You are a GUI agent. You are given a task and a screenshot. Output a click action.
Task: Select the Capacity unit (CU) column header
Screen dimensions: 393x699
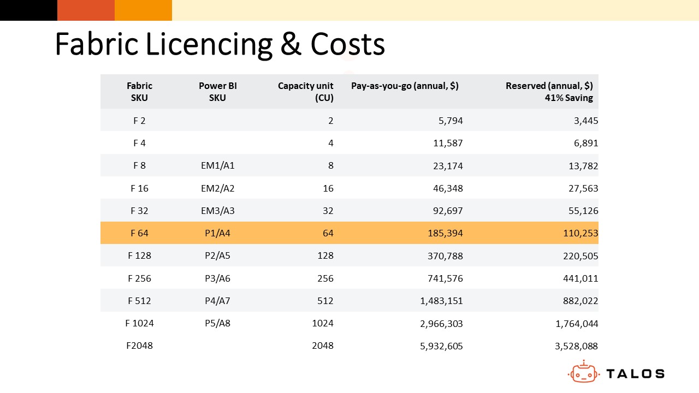306,92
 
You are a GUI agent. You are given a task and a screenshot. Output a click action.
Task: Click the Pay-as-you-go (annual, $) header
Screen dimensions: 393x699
405,86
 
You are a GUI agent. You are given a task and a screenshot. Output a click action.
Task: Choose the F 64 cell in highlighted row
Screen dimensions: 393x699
139,233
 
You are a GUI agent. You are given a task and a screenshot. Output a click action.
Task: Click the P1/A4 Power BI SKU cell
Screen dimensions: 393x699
217,233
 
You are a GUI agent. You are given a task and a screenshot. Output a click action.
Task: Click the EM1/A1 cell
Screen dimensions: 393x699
217,166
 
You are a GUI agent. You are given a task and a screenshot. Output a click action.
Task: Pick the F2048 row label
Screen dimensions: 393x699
139,346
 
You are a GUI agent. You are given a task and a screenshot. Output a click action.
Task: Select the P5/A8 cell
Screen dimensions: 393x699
217,323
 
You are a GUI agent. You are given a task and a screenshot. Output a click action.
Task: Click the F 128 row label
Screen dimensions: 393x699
139,256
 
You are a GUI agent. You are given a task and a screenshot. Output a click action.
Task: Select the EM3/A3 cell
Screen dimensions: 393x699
217,211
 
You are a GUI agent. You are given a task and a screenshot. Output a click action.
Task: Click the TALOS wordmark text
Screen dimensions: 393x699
635,374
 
